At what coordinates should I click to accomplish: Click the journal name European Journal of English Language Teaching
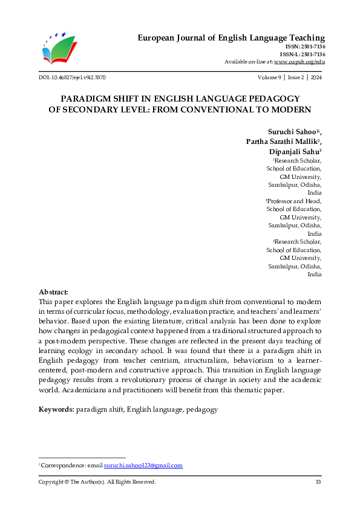[x=231, y=37]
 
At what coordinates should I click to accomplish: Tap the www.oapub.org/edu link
[x=299, y=62]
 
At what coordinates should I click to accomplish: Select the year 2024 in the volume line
[x=316, y=78]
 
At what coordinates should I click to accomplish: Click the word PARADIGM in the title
[x=86, y=98]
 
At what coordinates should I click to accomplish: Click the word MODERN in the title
[x=292, y=109]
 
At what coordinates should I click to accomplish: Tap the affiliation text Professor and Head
[x=294, y=201]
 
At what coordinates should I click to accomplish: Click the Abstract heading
[x=53, y=291]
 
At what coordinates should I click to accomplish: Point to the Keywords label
[x=56, y=409]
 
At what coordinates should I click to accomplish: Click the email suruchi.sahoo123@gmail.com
[x=143, y=465]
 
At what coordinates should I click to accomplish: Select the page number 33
[x=318, y=482]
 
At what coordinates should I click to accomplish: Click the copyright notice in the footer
[x=97, y=482]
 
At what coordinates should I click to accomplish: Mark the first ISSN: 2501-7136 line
[x=304, y=47]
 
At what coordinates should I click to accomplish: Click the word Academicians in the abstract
[x=65, y=390]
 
